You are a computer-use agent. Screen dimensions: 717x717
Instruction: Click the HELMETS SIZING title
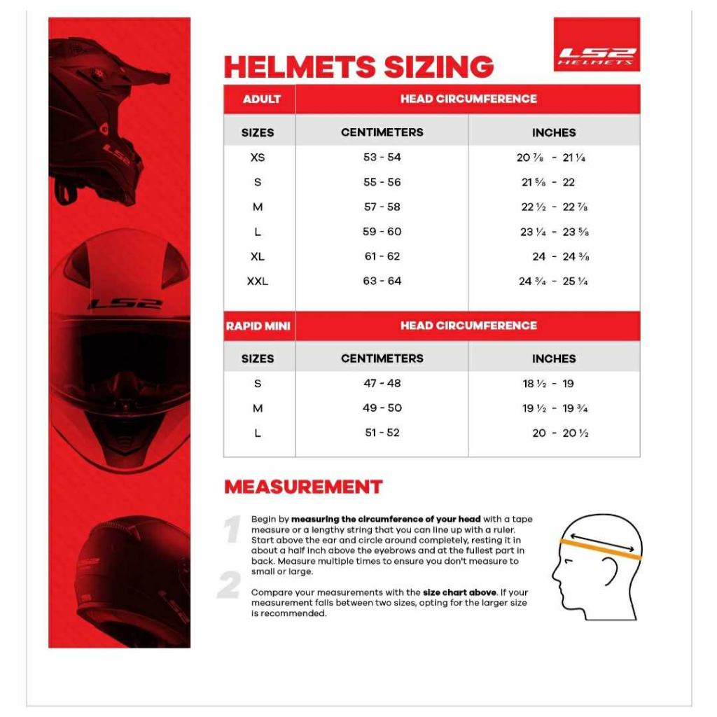[x=358, y=67]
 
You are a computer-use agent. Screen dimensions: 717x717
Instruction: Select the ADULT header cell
[x=261, y=99]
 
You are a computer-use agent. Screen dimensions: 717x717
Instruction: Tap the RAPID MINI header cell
[x=258, y=326]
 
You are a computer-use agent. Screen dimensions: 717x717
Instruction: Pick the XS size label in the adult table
[x=258, y=158]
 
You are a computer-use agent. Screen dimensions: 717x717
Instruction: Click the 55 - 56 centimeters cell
[x=382, y=182]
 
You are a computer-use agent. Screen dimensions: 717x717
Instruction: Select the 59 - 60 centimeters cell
[x=382, y=232]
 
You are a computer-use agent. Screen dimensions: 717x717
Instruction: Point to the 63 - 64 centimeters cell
[x=382, y=281]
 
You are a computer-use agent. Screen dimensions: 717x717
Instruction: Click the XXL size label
[x=258, y=281]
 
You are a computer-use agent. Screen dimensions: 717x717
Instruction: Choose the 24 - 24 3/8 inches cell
[x=560, y=257]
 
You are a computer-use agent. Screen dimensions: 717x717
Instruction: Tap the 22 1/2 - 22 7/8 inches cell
[x=554, y=207]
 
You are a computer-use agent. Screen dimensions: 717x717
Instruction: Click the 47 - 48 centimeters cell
[x=382, y=384]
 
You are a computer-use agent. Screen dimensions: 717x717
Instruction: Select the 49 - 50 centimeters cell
[x=382, y=408]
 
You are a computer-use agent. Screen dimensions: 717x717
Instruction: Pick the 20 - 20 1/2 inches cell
[x=560, y=433]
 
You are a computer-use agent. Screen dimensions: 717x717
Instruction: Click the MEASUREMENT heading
[x=303, y=487]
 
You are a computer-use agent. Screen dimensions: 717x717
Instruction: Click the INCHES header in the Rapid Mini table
[x=554, y=358]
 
